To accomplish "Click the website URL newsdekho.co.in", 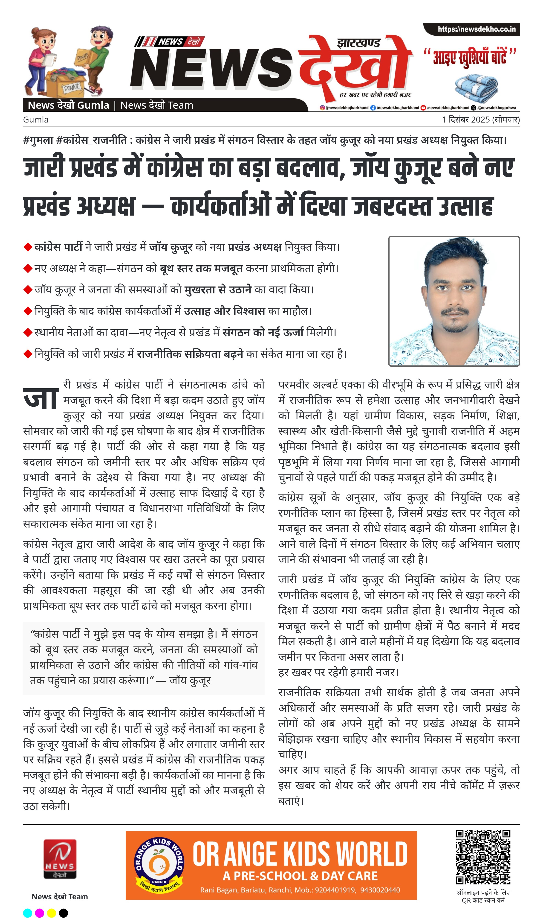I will coord(477,29).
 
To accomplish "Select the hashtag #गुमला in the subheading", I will coord(38,140).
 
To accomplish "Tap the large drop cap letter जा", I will coord(41,398).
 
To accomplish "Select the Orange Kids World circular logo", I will coord(159,865).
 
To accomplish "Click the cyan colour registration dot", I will coord(27,913).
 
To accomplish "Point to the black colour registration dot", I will coord(63,913).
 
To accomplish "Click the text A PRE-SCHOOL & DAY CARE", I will coord(300,876).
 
